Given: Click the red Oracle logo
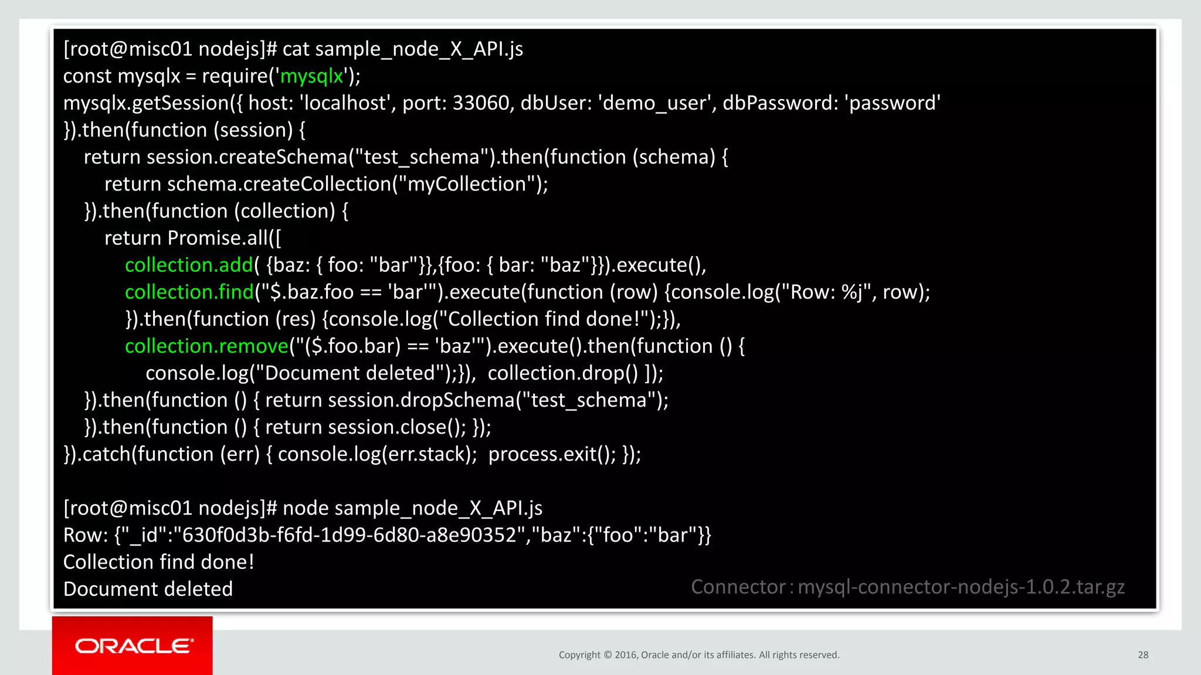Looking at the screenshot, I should (133, 646).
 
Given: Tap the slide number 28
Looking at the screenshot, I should (1143, 655).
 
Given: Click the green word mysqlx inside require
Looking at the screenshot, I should (311, 76).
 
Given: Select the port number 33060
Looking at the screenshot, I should (481, 103).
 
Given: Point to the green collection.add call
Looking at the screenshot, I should (189, 265).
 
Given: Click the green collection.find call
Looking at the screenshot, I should (189, 292).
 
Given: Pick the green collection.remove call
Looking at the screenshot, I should (206, 346).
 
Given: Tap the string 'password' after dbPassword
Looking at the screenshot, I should (893, 103).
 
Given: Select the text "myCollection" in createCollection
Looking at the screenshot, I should (467, 185).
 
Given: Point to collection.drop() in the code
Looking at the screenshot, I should (563, 373).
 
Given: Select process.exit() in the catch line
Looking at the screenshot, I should (552, 454).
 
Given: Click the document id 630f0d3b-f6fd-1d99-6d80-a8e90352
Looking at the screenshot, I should (349, 536).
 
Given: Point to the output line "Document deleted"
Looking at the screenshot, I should (148, 589).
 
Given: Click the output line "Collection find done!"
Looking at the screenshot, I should (158, 562).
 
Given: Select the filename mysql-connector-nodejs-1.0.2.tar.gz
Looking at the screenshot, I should (961, 587).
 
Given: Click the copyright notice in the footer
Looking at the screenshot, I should (699, 655).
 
